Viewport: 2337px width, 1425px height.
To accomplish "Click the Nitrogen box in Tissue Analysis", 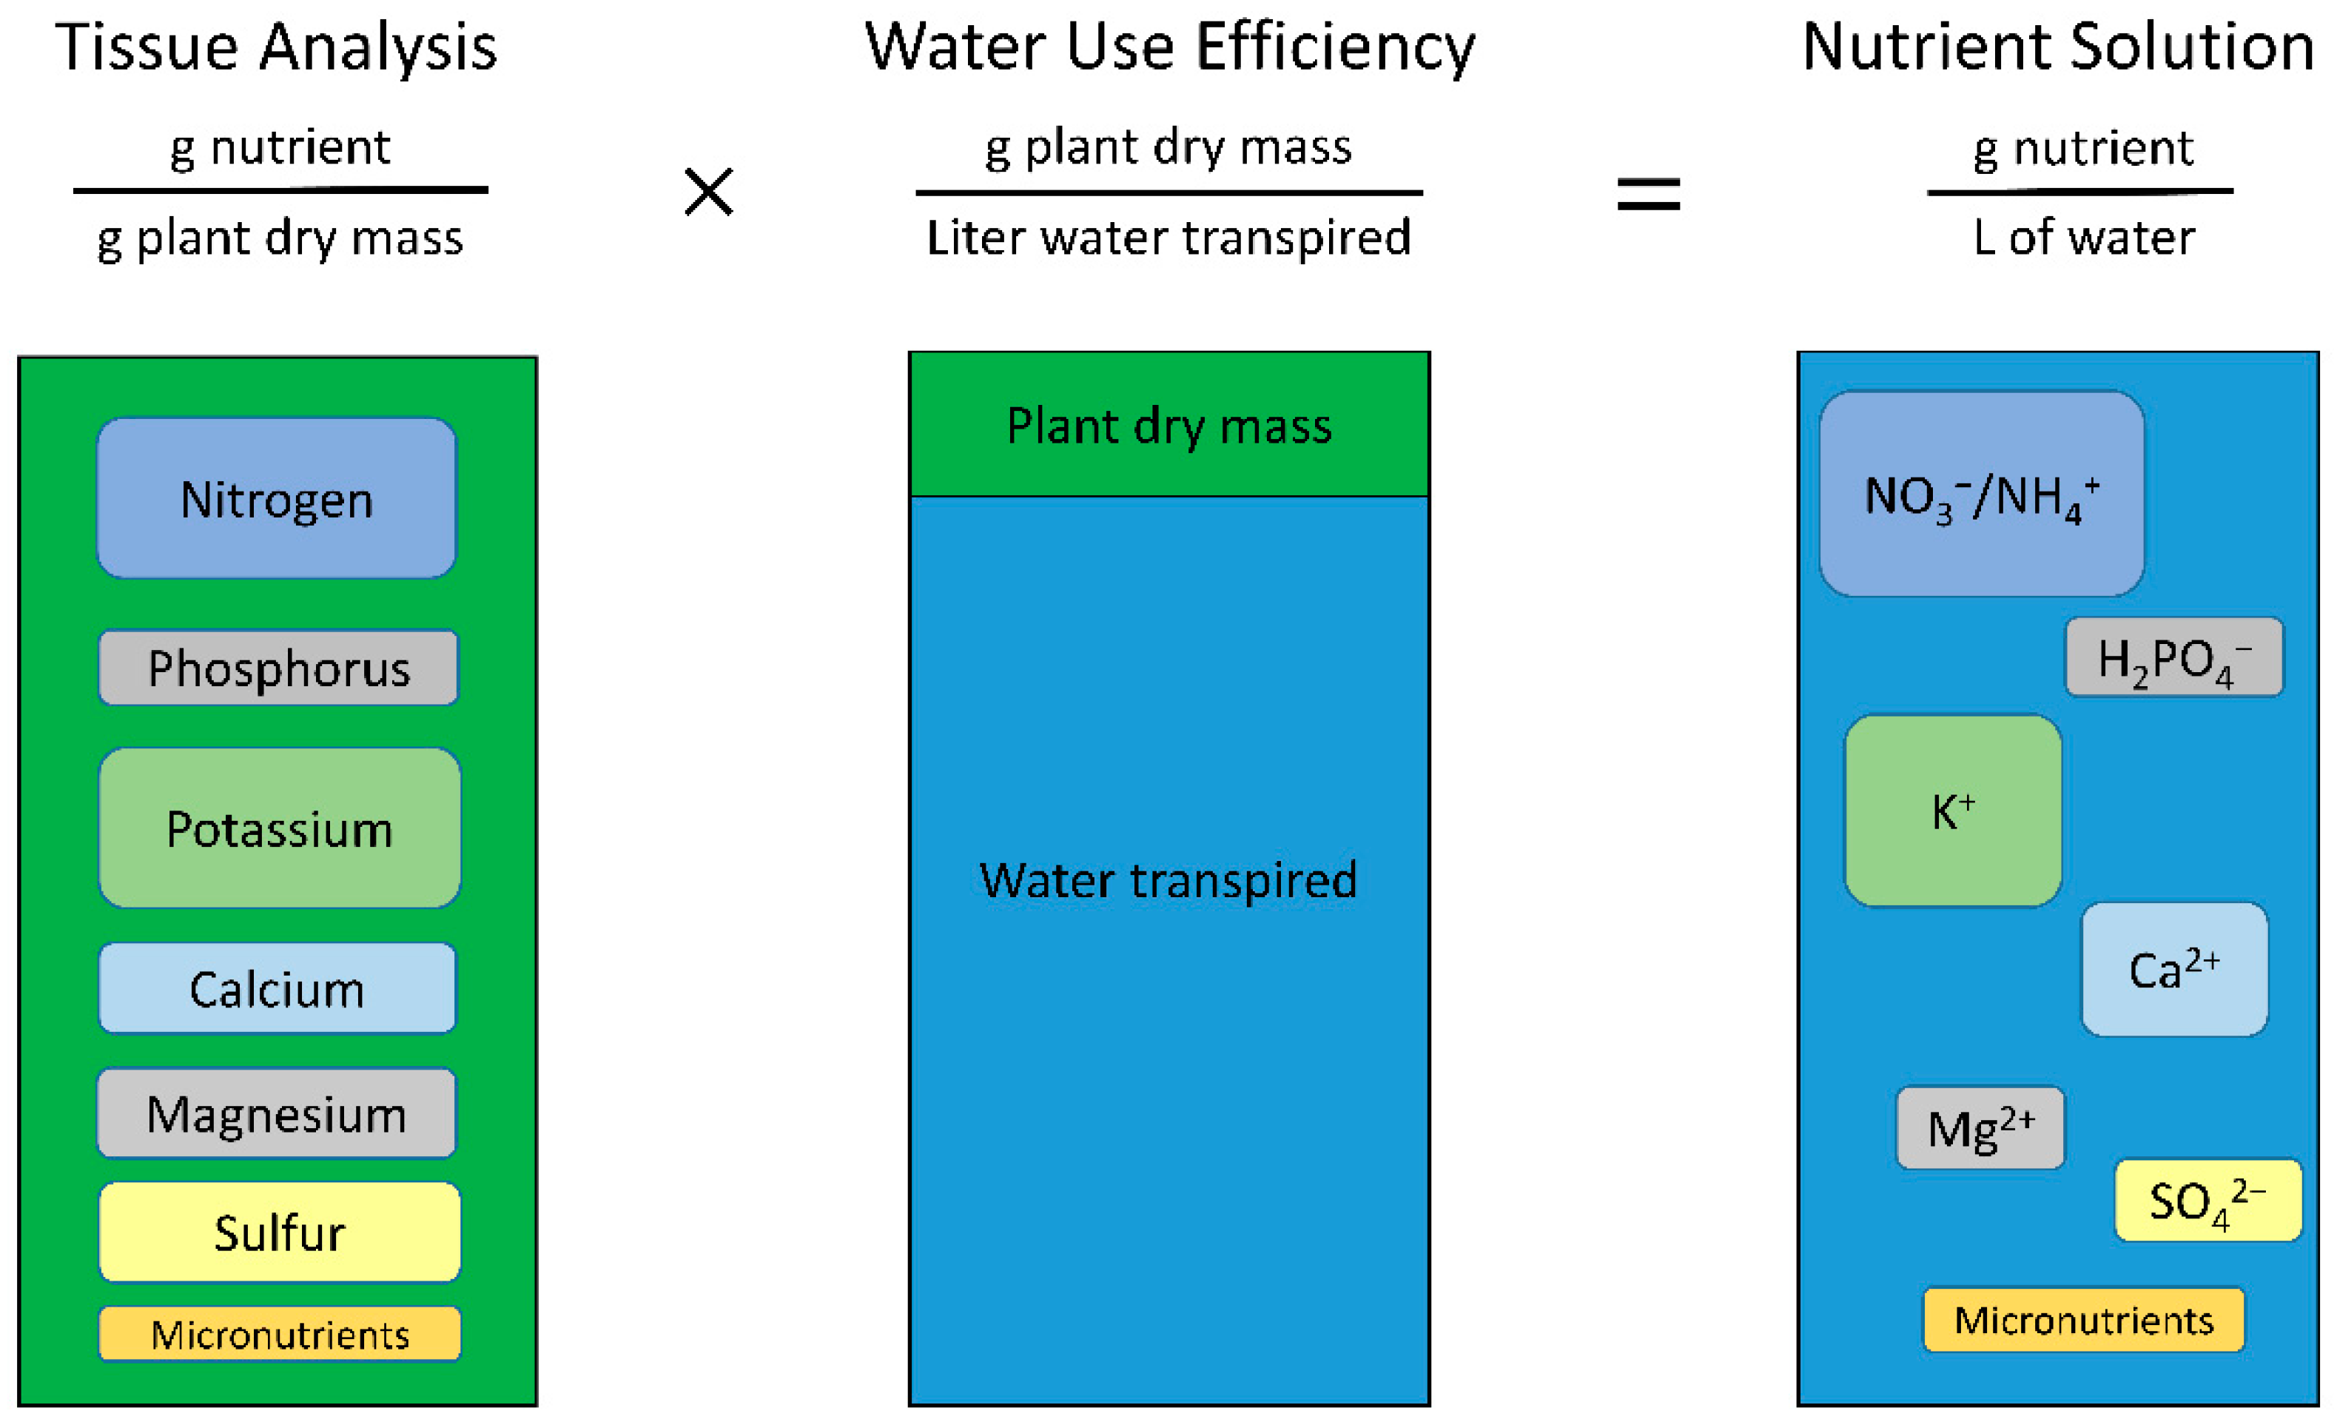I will pyautogui.click(x=276, y=498).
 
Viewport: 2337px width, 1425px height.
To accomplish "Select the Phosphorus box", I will pyautogui.click(x=278, y=667).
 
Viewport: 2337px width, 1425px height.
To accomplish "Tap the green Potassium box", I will pyautogui.click(x=279, y=828).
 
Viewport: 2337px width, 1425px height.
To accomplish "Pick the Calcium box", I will pyautogui.click(x=277, y=988).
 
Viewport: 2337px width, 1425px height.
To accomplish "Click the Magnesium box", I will pyautogui.click(x=276, y=1113).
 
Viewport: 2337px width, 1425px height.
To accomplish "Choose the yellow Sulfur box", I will pyautogui.click(x=279, y=1232).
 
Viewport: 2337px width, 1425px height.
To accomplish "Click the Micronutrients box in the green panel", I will pyautogui.click(x=280, y=1334).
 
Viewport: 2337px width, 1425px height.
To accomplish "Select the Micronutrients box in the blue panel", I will pyautogui.click(x=2083, y=1318).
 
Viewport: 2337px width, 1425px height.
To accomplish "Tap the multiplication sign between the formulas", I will pyautogui.click(x=708, y=192).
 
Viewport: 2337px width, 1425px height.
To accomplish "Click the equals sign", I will pyautogui.click(x=1649, y=195).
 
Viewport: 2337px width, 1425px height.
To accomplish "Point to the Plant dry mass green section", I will pyautogui.click(x=1168, y=425).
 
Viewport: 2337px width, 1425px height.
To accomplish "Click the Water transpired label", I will pyautogui.click(x=1168, y=879).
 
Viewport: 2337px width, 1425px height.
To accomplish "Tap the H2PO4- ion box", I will pyautogui.click(x=2174, y=657).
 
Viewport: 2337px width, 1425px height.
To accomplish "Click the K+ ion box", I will pyautogui.click(x=1952, y=811).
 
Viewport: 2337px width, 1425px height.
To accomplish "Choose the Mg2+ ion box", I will pyautogui.click(x=1980, y=1127).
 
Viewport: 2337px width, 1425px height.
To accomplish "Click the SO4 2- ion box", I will pyautogui.click(x=2207, y=1199).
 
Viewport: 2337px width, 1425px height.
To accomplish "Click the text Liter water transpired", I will pyautogui.click(x=1168, y=237).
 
